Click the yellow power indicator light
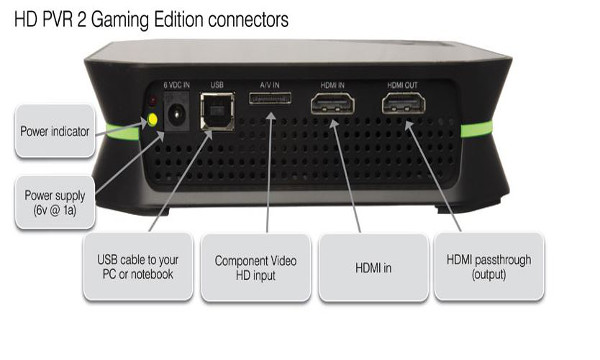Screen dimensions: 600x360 pyautogui.click(x=152, y=120)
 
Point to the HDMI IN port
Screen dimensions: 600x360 pyautogui.click(x=330, y=105)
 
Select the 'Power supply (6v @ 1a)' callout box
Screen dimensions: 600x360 pyautogui.click(x=56, y=204)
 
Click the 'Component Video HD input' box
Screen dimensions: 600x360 pyautogui.click(x=254, y=267)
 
